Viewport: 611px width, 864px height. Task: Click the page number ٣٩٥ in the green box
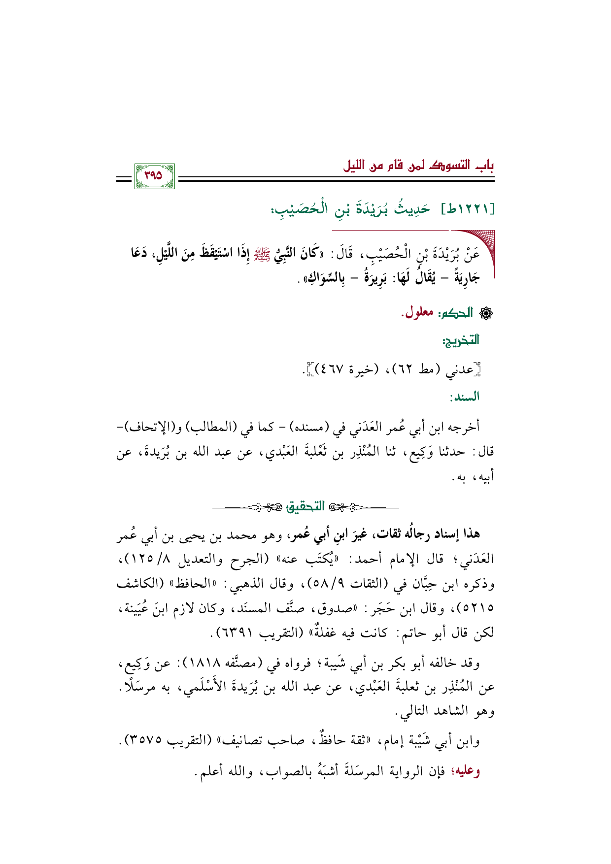(x=154, y=176)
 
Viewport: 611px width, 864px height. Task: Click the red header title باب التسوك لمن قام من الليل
(x=418, y=166)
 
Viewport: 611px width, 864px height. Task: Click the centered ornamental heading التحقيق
(x=305, y=506)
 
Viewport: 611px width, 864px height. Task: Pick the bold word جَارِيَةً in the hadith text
(x=466, y=278)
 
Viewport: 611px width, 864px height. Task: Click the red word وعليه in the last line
(x=469, y=771)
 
